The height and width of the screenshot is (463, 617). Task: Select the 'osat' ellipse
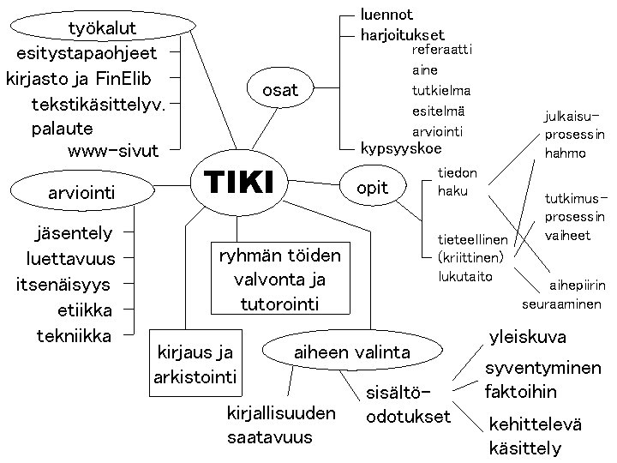tap(280, 90)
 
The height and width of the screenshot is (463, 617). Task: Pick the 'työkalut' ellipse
tap(103, 29)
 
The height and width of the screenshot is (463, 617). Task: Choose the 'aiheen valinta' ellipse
tap(352, 352)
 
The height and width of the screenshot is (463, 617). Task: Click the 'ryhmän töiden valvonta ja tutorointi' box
tap(280, 280)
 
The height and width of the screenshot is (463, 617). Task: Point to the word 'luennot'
tap(386, 15)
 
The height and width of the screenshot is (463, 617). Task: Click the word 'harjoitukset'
tap(403, 35)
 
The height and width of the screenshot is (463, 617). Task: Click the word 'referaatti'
tap(442, 50)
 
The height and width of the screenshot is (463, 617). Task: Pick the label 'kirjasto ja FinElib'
tap(78, 80)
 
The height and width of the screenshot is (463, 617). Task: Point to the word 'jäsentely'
tap(75, 232)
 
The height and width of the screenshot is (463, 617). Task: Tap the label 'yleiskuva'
tap(527, 337)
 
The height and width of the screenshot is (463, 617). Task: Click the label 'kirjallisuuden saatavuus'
tap(280, 425)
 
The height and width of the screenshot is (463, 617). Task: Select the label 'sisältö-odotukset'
tap(407, 406)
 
